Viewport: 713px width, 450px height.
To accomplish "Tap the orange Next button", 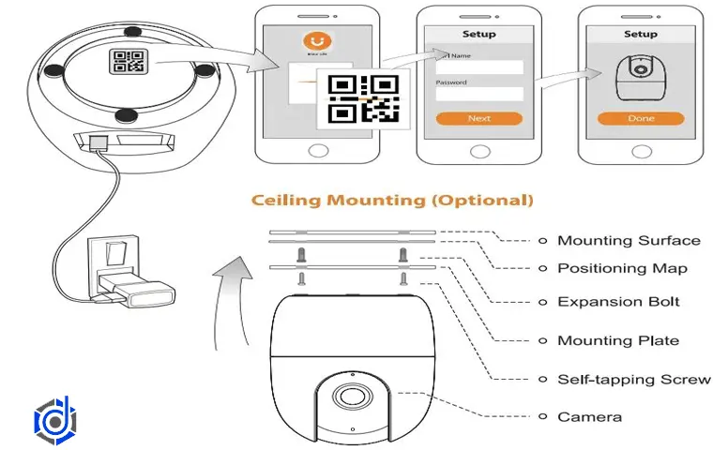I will coord(478,119).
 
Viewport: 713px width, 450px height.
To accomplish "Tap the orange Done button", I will coord(640,119).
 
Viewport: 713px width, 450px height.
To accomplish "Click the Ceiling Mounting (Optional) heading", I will coord(391,200).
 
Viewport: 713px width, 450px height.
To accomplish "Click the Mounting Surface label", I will coord(629,240).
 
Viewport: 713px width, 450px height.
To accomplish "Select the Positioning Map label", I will coord(623,268).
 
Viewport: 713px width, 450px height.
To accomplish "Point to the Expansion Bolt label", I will coord(618,302).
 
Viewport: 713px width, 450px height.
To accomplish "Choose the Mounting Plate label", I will coord(618,340).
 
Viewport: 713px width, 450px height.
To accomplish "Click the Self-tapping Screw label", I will coord(634,379).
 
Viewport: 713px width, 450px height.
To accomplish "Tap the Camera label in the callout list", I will coord(589,416).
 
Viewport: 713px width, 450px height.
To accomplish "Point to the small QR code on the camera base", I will coord(127,62).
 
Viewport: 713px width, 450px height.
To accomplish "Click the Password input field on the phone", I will coord(478,94).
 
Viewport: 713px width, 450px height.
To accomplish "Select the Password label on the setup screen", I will coord(451,82).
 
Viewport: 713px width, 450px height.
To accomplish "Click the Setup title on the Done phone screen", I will coord(640,34).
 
